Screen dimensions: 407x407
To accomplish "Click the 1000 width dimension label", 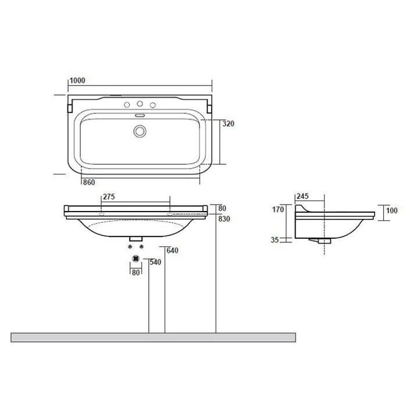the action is [77, 81].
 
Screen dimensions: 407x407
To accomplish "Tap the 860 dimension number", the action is [89, 183].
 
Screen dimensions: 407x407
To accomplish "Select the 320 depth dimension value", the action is [229, 124].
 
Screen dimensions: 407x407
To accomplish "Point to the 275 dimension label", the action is [109, 197].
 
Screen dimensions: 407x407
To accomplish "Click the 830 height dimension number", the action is [224, 219].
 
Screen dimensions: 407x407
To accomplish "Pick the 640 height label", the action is [172, 251].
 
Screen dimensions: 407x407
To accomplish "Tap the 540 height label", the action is [155, 262].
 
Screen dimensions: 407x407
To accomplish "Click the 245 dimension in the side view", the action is [303, 197].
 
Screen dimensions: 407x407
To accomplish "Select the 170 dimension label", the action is [278, 209].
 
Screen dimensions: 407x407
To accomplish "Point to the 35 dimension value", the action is [274, 240].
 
